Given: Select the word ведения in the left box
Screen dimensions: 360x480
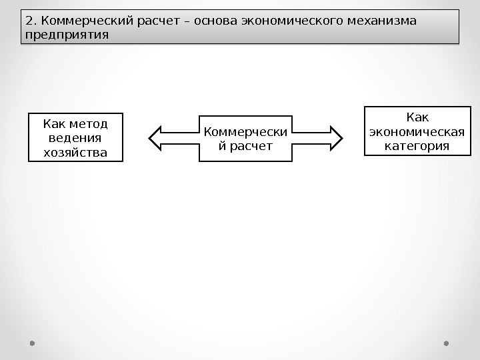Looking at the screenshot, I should (75, 138).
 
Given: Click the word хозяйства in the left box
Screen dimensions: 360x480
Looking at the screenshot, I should (75, 153).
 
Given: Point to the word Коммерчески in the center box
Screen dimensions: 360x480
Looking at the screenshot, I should (246, 131).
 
